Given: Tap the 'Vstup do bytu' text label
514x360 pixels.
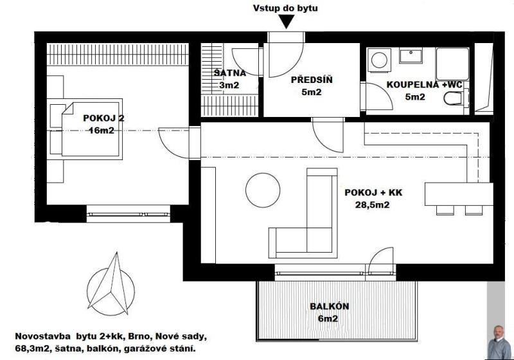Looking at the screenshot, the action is (x=285, y=8).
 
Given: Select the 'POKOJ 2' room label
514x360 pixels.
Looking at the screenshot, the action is (x=103, y=118).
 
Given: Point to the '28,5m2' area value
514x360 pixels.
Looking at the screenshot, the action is (x=373, y=205).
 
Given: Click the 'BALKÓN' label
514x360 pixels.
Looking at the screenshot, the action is (x=330, y=306).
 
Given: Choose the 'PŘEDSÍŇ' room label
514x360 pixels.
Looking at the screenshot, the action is (x=312, y=80).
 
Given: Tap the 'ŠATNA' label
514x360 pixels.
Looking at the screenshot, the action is (x=230, y=73).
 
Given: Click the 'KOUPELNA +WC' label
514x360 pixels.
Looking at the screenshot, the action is (x=425, y=85).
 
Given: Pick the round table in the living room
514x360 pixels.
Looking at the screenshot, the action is (x=263, y=190).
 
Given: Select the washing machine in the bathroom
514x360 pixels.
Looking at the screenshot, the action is (x=380, y=60).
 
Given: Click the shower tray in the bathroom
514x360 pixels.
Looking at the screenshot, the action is (x=453, y=64).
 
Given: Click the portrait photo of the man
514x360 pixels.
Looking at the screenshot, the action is (x=499, y=342).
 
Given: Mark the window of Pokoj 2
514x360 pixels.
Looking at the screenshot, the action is (x=128, y=215).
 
